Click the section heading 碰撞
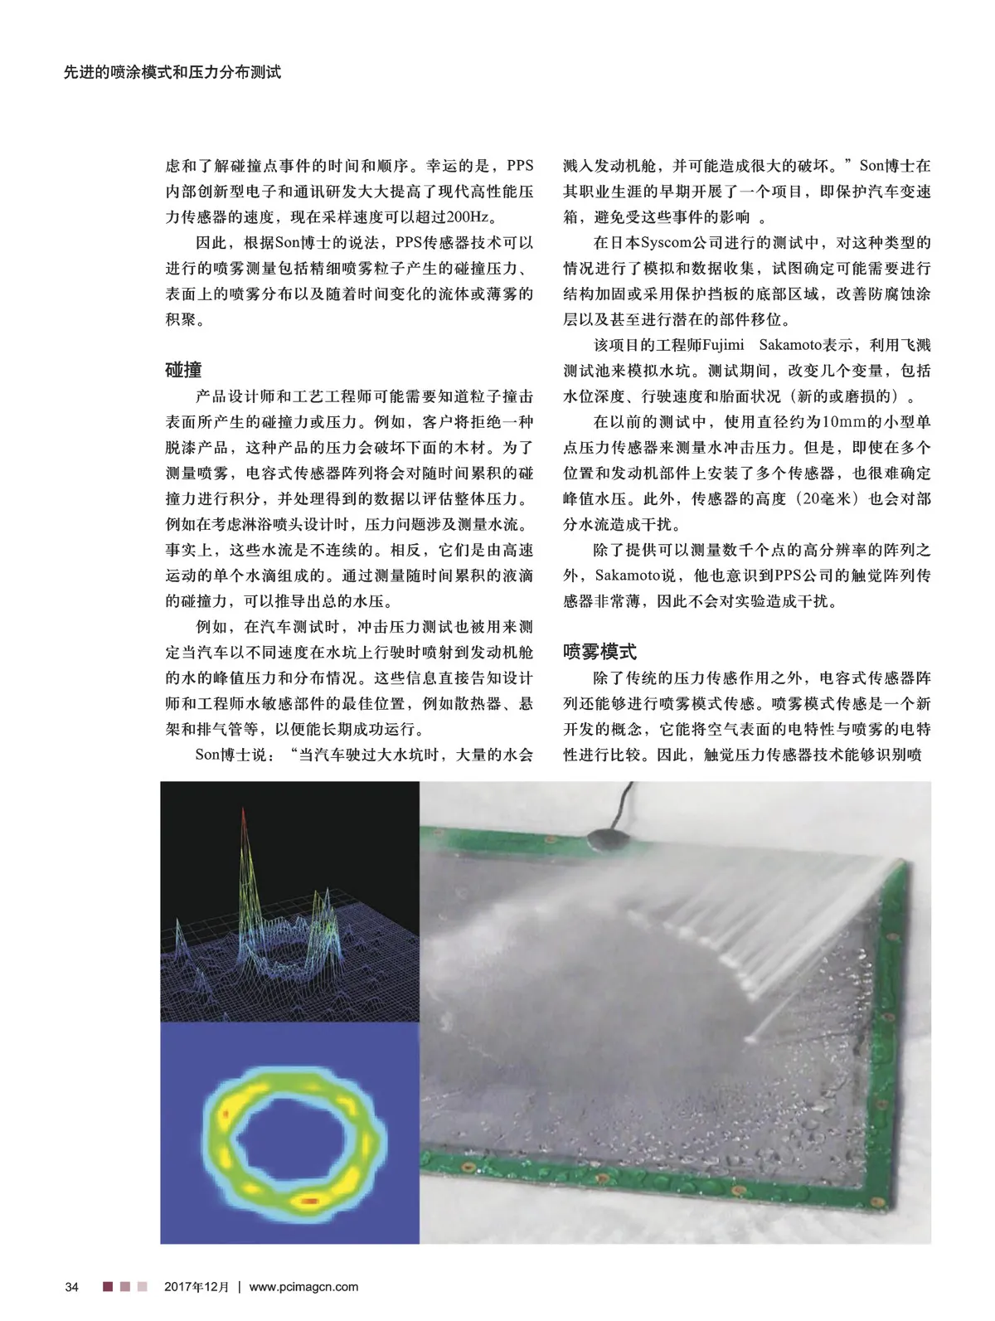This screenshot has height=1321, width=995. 183,370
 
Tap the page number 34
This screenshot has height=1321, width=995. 71,1287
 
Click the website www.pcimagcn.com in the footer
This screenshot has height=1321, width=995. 303,1287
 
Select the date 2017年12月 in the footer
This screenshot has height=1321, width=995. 196,1287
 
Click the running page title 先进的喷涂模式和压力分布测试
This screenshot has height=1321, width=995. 172,73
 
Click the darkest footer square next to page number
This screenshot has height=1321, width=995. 108,1287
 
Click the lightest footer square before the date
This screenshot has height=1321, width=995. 143,1287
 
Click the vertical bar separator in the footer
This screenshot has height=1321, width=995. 239,1287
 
